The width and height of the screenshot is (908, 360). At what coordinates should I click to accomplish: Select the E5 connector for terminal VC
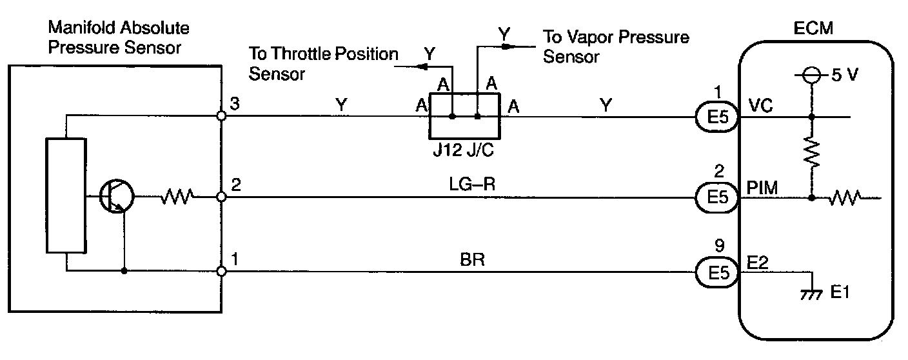(x=716, y=117)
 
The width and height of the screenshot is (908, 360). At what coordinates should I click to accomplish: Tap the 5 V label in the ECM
(x=845, y=75)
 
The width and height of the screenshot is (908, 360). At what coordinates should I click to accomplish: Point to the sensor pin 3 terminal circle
(x=221, y=117)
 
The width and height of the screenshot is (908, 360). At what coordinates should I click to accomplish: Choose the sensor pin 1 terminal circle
(x=221, y=272)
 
